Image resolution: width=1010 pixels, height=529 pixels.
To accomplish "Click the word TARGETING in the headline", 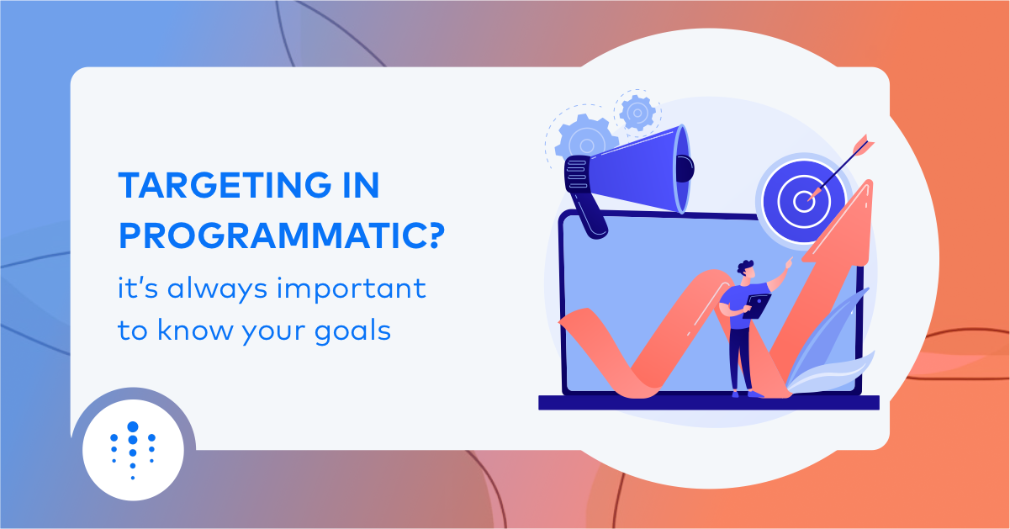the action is (225, 185).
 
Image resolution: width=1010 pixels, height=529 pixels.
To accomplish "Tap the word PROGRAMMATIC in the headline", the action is (272, 235).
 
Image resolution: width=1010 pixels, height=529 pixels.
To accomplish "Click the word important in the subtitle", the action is (352, 288).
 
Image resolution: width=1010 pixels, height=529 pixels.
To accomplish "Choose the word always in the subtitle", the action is (217, 289).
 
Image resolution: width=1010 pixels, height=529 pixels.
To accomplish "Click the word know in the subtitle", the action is (195, 330).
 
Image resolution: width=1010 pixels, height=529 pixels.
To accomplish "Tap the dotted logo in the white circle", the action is (133, 450).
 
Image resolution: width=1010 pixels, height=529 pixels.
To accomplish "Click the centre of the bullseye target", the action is (804, 202).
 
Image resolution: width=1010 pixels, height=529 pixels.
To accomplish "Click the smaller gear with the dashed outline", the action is (637, 113).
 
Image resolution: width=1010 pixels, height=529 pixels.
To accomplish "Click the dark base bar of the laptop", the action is (709, 403).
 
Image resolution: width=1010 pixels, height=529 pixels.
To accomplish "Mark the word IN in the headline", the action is (361, 185).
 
